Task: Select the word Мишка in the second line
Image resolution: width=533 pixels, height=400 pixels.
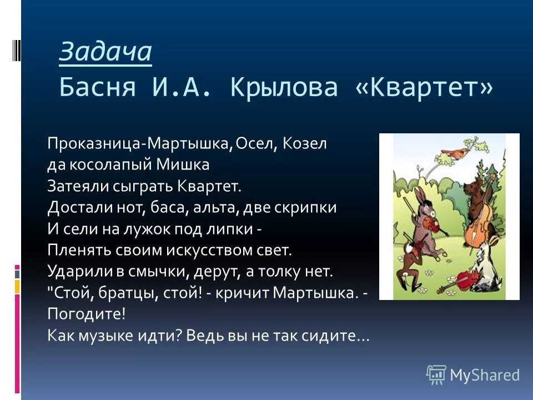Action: (x=183, y=165)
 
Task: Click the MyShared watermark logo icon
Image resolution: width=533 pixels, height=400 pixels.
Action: (x=436, y=374)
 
